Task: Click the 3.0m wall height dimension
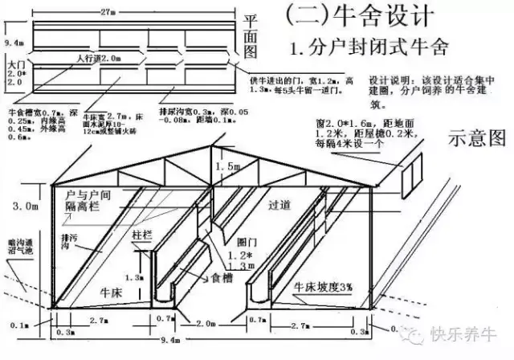pyautogui.click(x=24, y=207)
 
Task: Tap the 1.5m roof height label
pyautogui.click(x=234, y=165)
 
